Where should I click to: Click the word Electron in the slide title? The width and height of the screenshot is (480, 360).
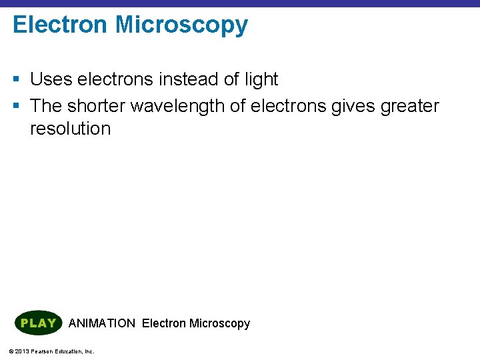click(x=60, y=25)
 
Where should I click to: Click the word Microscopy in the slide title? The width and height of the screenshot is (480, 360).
click(x=181, y=25)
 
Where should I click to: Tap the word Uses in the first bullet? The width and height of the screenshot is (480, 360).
click(x=51, y=79)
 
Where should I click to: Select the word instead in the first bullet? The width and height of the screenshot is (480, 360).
click(x=190, y=79)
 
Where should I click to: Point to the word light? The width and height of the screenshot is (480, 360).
click(x=261, y=79)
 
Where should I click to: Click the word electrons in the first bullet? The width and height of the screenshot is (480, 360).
click(x=115, y=79)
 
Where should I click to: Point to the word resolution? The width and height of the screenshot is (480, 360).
click(x=70, y=128)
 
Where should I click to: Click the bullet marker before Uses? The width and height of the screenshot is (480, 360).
click(x=17, y=80)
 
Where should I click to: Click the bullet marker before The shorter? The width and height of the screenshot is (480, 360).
click(x=17, y=106)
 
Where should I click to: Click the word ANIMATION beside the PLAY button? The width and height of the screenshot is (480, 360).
click(x=101, y=323)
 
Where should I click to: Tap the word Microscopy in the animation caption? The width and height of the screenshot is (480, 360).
click(x=219, y=323)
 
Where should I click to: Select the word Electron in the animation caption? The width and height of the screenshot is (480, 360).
click(x=164, y=323)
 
